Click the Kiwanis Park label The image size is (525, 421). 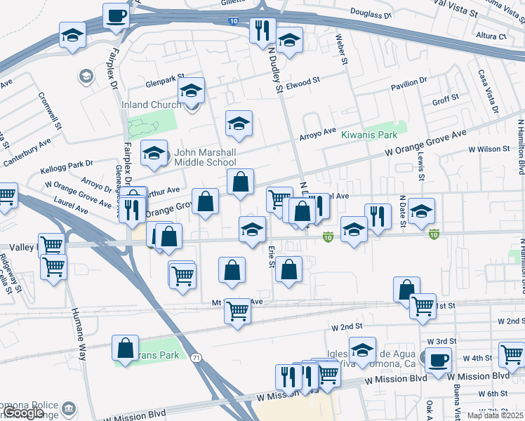[369, 135]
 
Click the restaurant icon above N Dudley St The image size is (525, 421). [262, 30]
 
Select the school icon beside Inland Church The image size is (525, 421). [191, 91]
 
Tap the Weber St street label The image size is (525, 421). [343, 49]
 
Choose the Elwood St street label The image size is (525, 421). [303, 83]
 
